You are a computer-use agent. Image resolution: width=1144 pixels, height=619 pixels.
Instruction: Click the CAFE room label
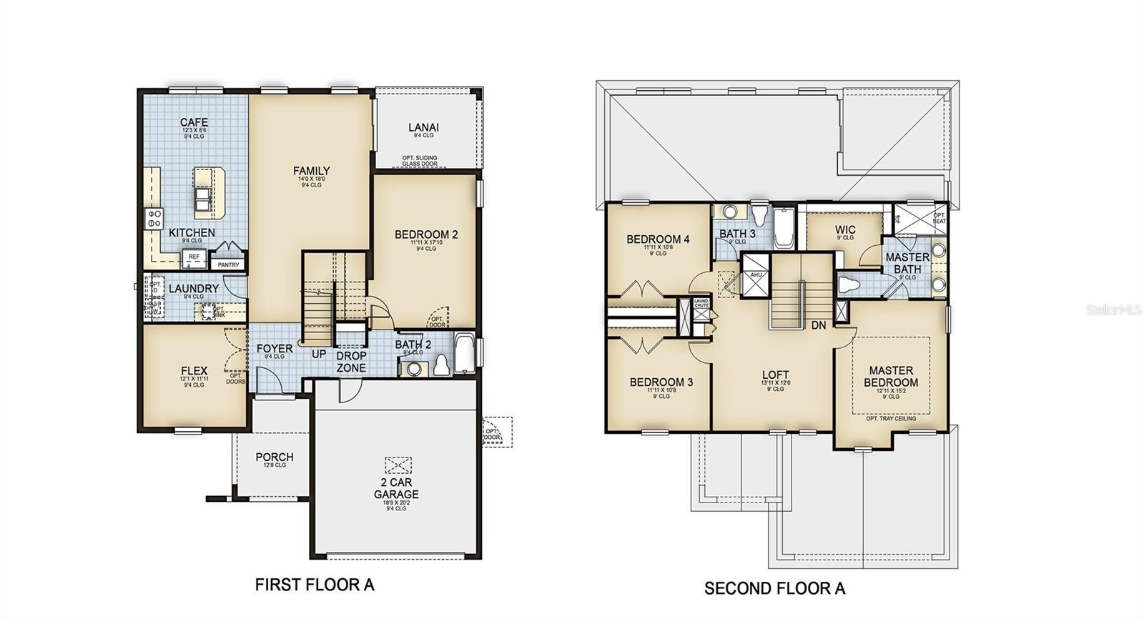tap(194, 122)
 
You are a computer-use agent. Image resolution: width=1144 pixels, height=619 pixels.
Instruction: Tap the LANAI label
tap(423, 127)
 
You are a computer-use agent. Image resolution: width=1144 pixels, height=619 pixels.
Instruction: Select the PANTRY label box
tap(229, 264)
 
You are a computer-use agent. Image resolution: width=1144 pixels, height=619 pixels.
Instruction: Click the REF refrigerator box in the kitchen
tap(194, 257)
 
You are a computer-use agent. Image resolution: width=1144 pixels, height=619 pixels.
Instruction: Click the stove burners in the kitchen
tap(154, 218)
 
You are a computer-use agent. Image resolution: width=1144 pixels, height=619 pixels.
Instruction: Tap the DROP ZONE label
tap(351, 362)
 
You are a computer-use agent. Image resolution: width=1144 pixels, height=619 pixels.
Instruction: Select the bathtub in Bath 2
tap(464, 353)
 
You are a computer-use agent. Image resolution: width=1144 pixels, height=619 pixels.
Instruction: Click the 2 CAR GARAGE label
tap(396, 488)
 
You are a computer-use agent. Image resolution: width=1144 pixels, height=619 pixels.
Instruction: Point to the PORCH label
tap(275, 457)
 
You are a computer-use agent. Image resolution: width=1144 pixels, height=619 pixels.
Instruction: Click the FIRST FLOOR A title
tap(315, 585)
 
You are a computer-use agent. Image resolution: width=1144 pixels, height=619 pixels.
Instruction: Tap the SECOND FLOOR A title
tap(774, 588)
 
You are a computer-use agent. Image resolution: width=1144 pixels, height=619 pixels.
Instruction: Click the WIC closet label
tap(845, 230)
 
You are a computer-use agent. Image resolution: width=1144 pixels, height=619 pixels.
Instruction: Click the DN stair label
tap(819, 325)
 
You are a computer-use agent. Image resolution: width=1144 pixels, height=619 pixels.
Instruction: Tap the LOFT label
tap(776, 375)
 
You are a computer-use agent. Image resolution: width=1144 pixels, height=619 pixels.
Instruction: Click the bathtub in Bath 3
tap(784, 227)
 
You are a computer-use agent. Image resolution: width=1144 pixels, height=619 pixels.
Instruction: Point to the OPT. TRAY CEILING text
tap(891, 418)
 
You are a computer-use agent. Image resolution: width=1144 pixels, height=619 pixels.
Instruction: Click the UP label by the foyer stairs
tap(319, 354)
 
